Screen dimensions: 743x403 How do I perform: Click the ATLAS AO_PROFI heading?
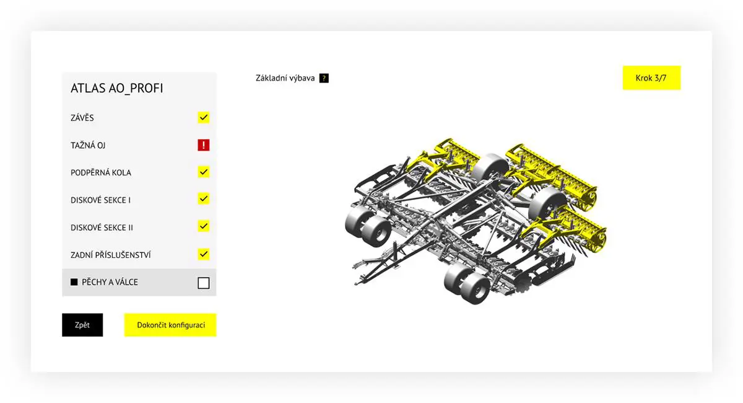(117, 89)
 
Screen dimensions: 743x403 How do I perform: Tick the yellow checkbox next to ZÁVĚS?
(204, 117)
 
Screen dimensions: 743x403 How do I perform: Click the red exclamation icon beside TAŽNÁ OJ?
(204, 145)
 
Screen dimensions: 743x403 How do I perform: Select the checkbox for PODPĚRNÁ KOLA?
(204, 172)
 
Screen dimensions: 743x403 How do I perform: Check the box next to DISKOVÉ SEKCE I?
(204, 198)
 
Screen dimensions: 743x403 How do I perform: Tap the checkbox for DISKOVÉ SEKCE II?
(204, 226)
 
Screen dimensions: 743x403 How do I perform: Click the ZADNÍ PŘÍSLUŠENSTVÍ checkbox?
(204, 254)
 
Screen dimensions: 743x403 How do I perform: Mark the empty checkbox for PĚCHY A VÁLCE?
(204, 283)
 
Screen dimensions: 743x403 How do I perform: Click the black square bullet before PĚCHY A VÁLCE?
(74, 282)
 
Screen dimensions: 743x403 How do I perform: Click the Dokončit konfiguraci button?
(170, 325)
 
